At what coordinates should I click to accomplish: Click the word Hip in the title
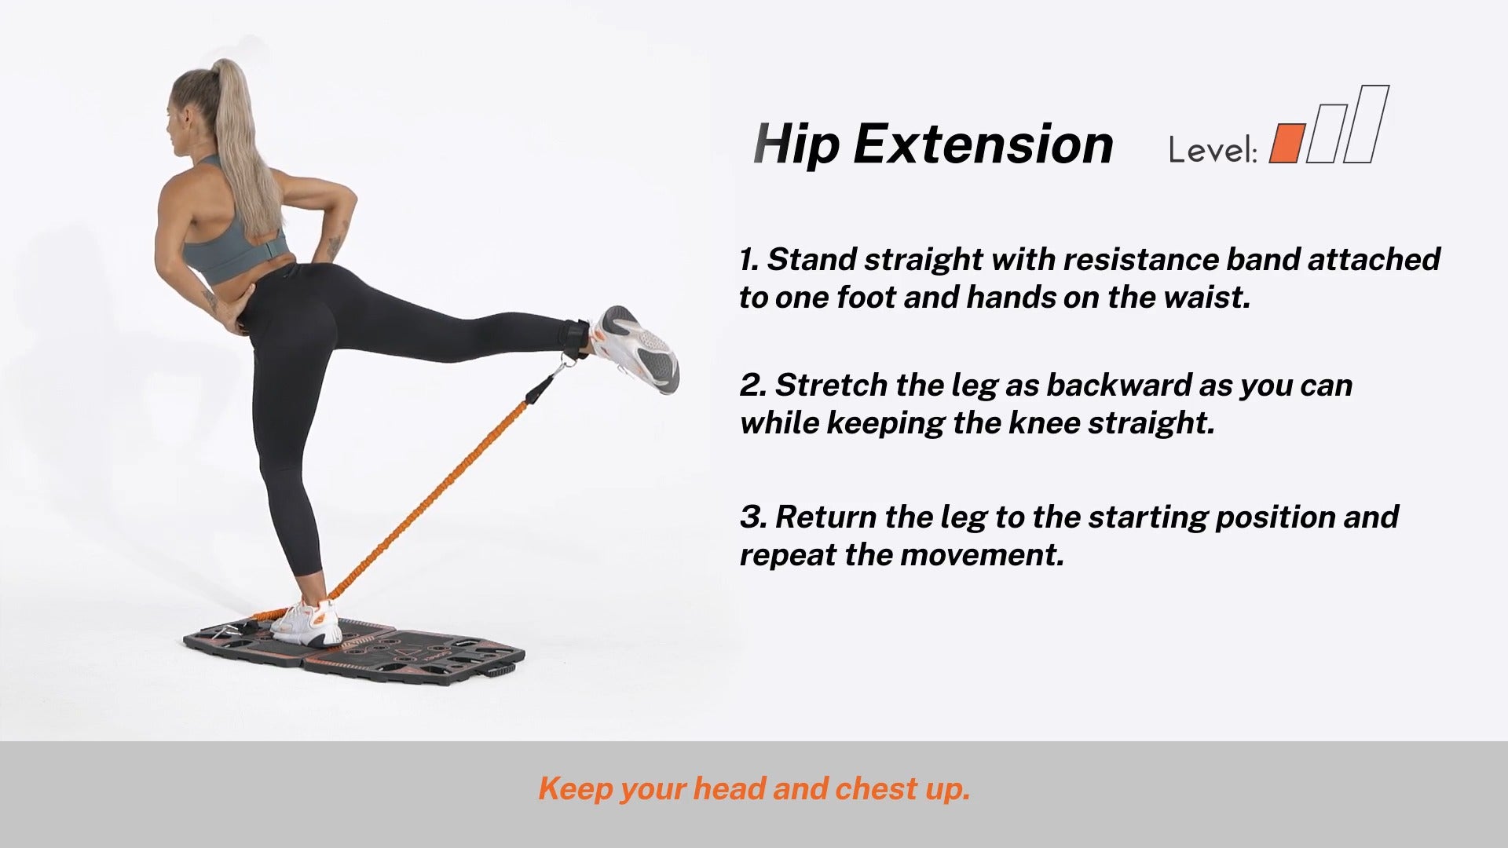pyautogui.click(x=796, y=144)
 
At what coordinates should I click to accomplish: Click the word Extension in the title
pyautogui.click(x=983, y=144)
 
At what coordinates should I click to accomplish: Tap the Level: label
pyautogui.click(x=1213, y=149)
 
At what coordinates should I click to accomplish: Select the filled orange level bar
pyautogui.click(x=1287, y=143)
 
